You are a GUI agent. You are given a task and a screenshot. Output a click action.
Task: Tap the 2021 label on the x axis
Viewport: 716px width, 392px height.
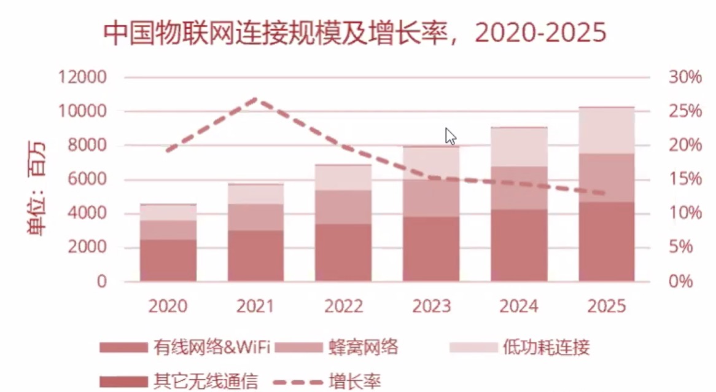tap(256, 305)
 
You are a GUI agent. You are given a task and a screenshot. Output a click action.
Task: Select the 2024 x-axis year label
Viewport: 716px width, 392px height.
tap(519, 305)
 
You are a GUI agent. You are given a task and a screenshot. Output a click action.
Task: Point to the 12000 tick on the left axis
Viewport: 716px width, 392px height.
tap(82, 78)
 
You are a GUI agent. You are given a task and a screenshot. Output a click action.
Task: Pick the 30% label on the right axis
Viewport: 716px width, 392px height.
tap(684, 78)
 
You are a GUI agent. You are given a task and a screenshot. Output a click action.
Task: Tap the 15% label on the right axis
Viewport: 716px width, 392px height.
tap(684, 180)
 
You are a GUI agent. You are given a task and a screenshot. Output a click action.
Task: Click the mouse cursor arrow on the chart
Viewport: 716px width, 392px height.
tap(450, 136)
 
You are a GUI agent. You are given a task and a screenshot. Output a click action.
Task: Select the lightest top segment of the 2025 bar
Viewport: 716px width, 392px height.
tap(606, 130)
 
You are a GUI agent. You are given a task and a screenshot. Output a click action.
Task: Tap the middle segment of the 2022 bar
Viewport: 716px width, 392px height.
tap(343, 207)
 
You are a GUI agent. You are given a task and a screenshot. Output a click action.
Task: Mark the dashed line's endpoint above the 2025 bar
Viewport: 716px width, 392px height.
tap(605, 194)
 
